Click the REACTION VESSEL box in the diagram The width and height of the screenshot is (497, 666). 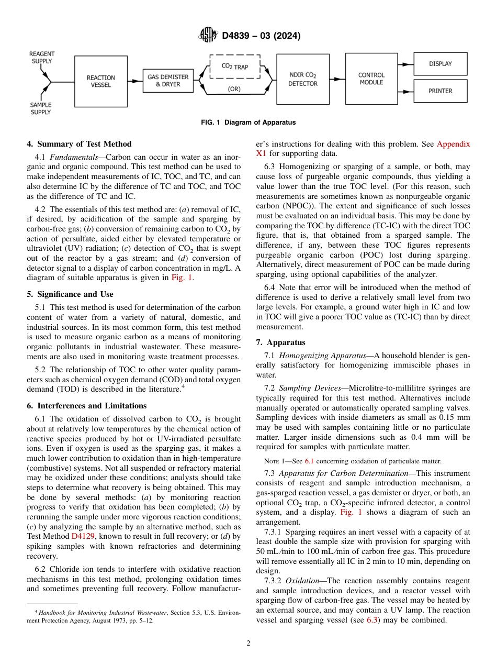pyautogui.click(x=101, y=81)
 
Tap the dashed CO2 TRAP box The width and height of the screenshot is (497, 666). pyautogui.click(x=235, y=66)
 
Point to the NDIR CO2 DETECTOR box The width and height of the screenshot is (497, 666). pyautogui.click(x=302, y=79)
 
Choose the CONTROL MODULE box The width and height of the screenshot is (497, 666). pyautogui.click(x=371, y=79)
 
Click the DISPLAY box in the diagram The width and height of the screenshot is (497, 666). pyautogui.click(x=440, y=64)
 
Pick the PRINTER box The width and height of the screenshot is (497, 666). pyautogui.click(x=440, y=91)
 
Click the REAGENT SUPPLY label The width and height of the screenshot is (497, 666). pyautogui.click(x=41, y=58)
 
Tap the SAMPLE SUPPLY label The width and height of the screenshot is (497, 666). pyautogui.click(x=40, y=108)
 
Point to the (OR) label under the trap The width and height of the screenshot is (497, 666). pyautogui.click(x=234, y=89)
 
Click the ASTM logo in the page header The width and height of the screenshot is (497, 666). pyautogui.click(x=208, y=36)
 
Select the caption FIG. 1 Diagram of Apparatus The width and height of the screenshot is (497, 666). pyautogui.click(x=249, y=123)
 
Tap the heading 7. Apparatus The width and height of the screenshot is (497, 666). pyautogui.click(x=280, y=342)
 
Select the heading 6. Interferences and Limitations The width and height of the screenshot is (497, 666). pyautogui.click(x=86, y=406)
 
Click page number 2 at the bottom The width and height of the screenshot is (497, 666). pyautogui.click(x=249, y=643)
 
